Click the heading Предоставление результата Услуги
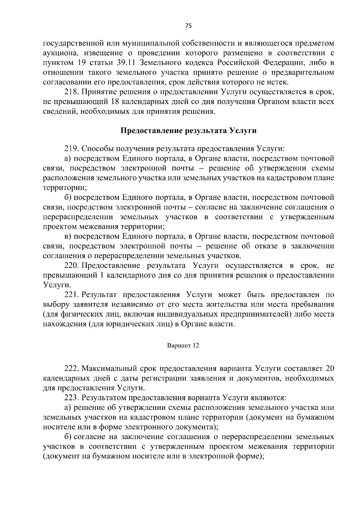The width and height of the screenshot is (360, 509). coord(189,130)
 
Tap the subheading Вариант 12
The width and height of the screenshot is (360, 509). coord(183,346)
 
